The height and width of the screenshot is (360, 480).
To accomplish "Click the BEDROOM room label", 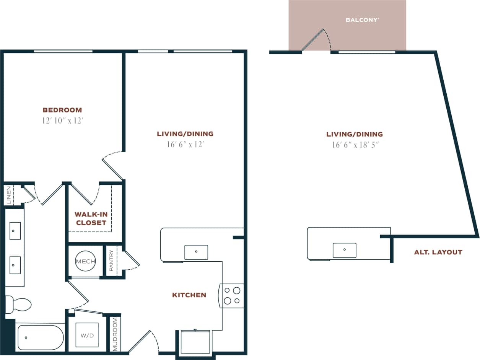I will click(62, 110).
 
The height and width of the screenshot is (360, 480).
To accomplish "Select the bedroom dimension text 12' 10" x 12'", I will click(63, 121).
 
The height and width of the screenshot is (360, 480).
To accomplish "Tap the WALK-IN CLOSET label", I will click(91, 218).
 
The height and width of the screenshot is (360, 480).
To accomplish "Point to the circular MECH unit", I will click(85, 261).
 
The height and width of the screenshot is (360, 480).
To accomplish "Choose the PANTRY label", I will click(111, 261).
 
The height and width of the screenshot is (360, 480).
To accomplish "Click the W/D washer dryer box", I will click(87, 336).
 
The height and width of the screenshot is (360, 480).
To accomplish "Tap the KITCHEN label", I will click(189, 295).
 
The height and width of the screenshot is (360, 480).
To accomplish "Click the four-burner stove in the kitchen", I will click(232, 295).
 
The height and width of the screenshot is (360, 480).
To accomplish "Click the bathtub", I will click(40, 337).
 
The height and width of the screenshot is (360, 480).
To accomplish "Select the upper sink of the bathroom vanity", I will click(15, 231).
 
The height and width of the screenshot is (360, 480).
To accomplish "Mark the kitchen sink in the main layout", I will click(196, 252).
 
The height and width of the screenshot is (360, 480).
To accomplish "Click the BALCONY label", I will click(362, 20).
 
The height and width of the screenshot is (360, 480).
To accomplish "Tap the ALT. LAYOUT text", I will click(438, 252).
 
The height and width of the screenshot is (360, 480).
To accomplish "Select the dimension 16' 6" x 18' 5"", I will click(355, 145).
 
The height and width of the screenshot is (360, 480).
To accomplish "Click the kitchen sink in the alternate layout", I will click(344, 250).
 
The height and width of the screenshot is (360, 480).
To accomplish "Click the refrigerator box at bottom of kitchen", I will click(195, 342).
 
